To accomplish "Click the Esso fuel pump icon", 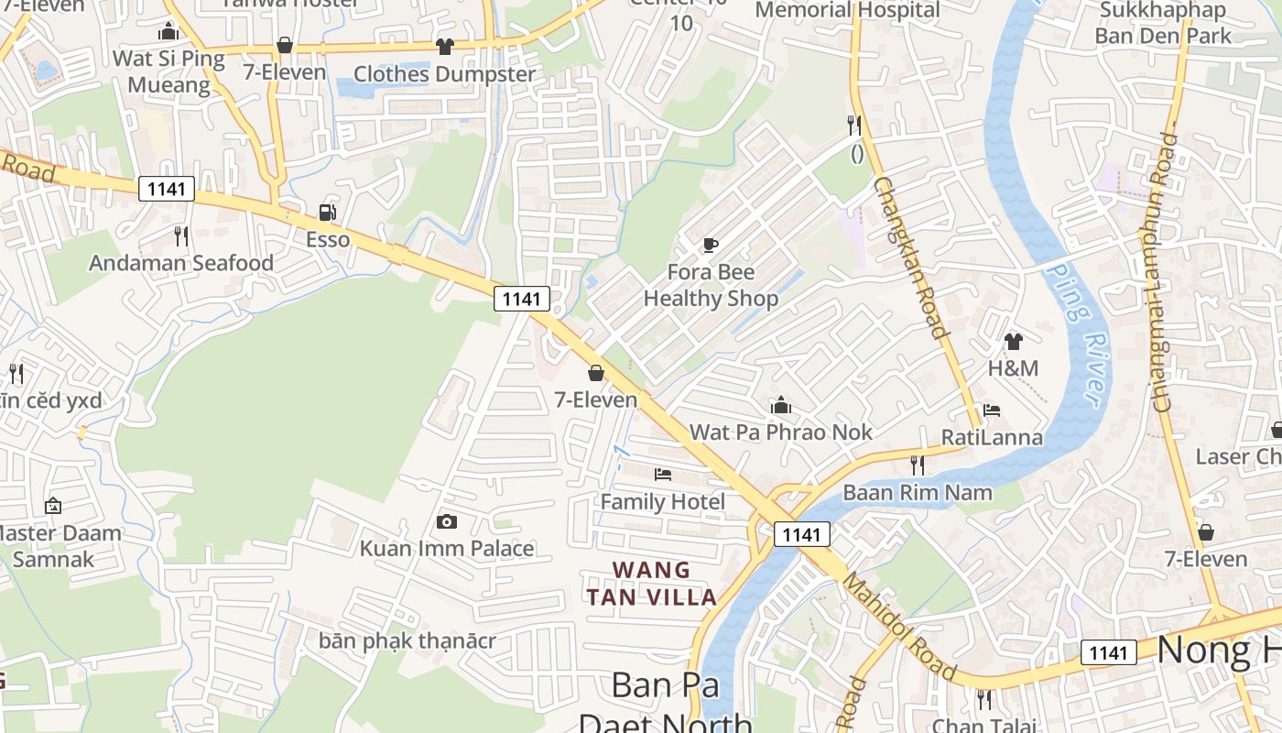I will (327, 213).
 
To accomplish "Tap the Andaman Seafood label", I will (181, 263).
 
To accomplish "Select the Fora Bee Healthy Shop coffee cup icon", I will (710, 245).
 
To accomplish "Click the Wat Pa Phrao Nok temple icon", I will (780, 404).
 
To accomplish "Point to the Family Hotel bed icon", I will (663, 474).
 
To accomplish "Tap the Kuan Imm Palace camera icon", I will (447, 521).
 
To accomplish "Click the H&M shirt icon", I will (1013, 342).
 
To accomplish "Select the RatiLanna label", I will (992, 437).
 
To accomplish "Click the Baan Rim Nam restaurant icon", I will (917, 465).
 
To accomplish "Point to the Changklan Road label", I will (908, 257).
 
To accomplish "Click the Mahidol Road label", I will (899, 628).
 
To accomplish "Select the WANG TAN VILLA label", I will (652, 584).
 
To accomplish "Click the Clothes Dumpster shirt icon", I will (445, 46).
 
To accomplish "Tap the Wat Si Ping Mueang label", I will (168, 71).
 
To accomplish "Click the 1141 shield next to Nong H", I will (1108, 652).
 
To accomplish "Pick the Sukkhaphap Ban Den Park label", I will (1163, 23).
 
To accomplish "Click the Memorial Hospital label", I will (847, 10).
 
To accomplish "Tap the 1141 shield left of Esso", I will (167, 190).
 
